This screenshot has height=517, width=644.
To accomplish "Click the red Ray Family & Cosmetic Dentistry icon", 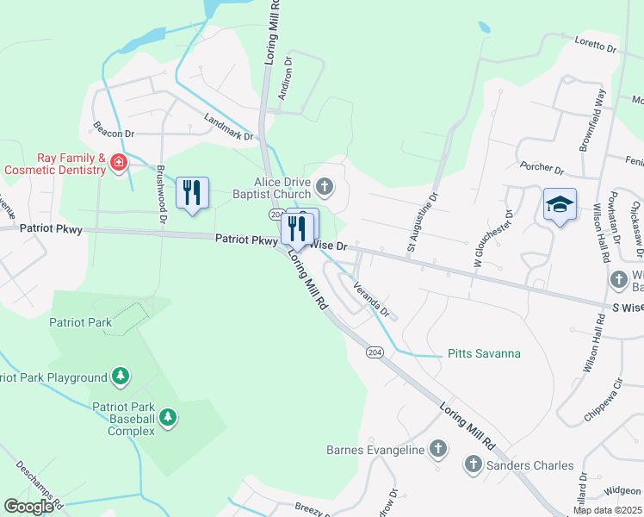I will (x=119, y=163).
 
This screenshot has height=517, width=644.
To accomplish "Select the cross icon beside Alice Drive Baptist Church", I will (x=325, y=185).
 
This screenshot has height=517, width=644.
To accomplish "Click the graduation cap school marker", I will (x=560, y=205).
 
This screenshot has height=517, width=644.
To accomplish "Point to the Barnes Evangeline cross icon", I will (x=438, y=449).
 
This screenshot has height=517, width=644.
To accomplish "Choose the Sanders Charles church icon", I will (x=472, y=465).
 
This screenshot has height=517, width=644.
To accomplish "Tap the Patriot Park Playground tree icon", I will (x=121, y=377).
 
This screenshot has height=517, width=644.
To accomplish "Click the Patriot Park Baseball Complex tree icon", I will (x=167, y=419).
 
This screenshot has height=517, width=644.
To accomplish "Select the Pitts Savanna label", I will (x=484, y=354).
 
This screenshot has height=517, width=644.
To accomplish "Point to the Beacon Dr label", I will (x=115, y=128).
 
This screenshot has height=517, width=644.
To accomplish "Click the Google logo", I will (x=28, y=506).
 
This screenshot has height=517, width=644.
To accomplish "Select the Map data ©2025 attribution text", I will (x=606, y=510).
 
